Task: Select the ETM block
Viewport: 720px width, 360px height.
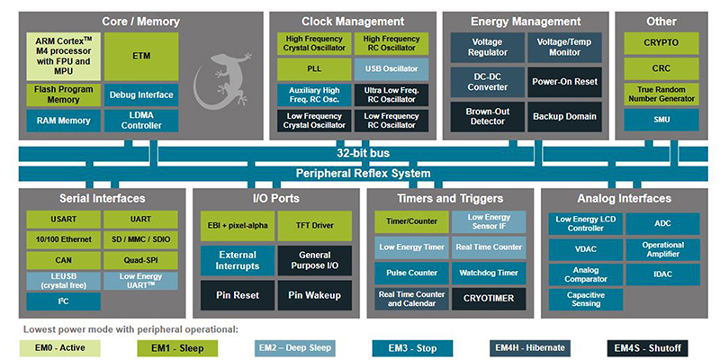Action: click(140, 56)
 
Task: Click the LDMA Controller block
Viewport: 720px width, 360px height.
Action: click(140, 120)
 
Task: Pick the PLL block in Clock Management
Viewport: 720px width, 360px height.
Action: click(311, 68)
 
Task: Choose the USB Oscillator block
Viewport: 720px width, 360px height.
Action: click(392, 68)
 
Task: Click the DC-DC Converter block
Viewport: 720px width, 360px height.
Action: click(481, 82)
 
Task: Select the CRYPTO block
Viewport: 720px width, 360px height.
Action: click(661, 43)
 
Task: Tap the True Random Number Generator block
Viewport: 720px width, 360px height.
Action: click(661, 93)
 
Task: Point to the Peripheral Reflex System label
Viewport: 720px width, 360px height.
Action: click(363, 173)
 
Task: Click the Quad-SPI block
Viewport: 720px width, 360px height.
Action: click(139, 259)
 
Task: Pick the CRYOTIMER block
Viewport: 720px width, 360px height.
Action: click(489, 296)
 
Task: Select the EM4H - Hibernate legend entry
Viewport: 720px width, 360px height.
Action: click(526, 346)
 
